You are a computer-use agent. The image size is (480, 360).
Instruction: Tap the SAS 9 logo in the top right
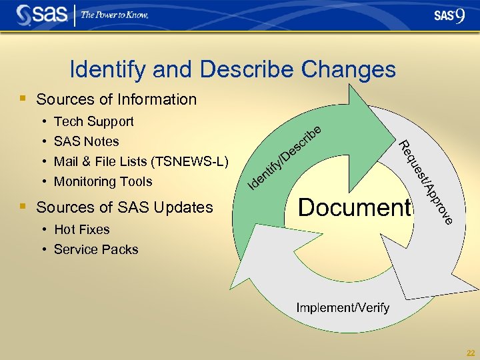449,15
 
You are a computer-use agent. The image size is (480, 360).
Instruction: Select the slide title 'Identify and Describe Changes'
233,69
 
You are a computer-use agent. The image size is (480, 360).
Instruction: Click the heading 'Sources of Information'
117,99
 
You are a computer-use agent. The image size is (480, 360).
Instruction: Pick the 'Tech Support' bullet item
93,121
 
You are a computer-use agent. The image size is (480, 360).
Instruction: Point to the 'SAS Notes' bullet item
86,141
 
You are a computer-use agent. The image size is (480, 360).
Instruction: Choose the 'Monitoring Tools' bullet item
103,181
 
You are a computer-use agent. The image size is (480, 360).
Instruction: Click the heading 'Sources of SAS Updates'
125,207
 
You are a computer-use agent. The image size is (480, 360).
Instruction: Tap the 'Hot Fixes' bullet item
81,229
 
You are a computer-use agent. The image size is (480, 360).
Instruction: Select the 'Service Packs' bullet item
96,249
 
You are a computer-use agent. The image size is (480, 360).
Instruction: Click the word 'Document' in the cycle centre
354,207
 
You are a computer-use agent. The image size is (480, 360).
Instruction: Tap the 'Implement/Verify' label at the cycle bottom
343,308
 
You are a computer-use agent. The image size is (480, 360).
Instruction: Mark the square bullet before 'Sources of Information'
23,99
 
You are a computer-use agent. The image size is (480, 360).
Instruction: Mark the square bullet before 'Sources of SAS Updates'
23,207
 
